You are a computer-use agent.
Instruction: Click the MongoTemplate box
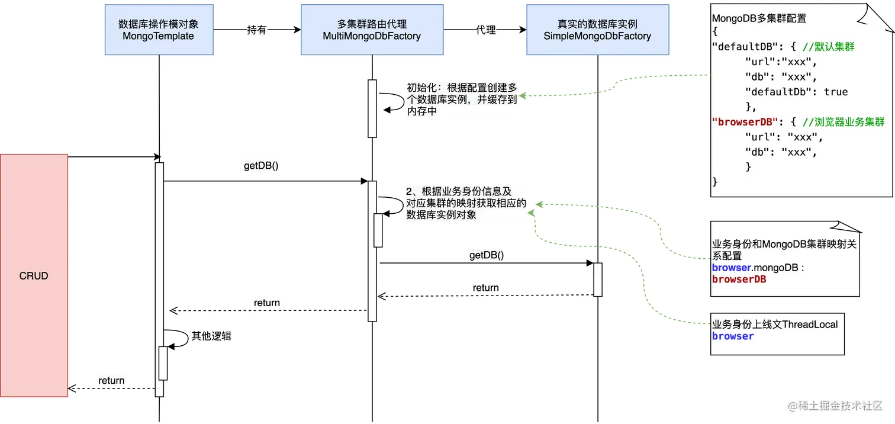[158, 30]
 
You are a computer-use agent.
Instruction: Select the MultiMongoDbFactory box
[372, 30]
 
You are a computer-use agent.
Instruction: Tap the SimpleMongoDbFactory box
[597, 30]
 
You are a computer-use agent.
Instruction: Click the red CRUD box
[34, 277]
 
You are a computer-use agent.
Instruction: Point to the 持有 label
[256, 30]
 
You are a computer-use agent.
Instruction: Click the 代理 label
[485, 30]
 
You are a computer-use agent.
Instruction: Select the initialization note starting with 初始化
[462, 99]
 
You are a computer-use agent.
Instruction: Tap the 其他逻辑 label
[211, 336]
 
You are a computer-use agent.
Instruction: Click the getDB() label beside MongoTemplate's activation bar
[261, 166]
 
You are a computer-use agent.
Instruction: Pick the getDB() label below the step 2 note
[487, 255]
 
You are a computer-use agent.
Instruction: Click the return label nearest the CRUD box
[111, 380]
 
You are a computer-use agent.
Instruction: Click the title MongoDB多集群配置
[759, 18]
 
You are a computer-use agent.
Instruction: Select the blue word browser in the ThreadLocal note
[733, 336]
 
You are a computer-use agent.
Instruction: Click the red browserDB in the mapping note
[739, 279]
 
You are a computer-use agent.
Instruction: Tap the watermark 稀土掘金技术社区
[835, 406]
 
